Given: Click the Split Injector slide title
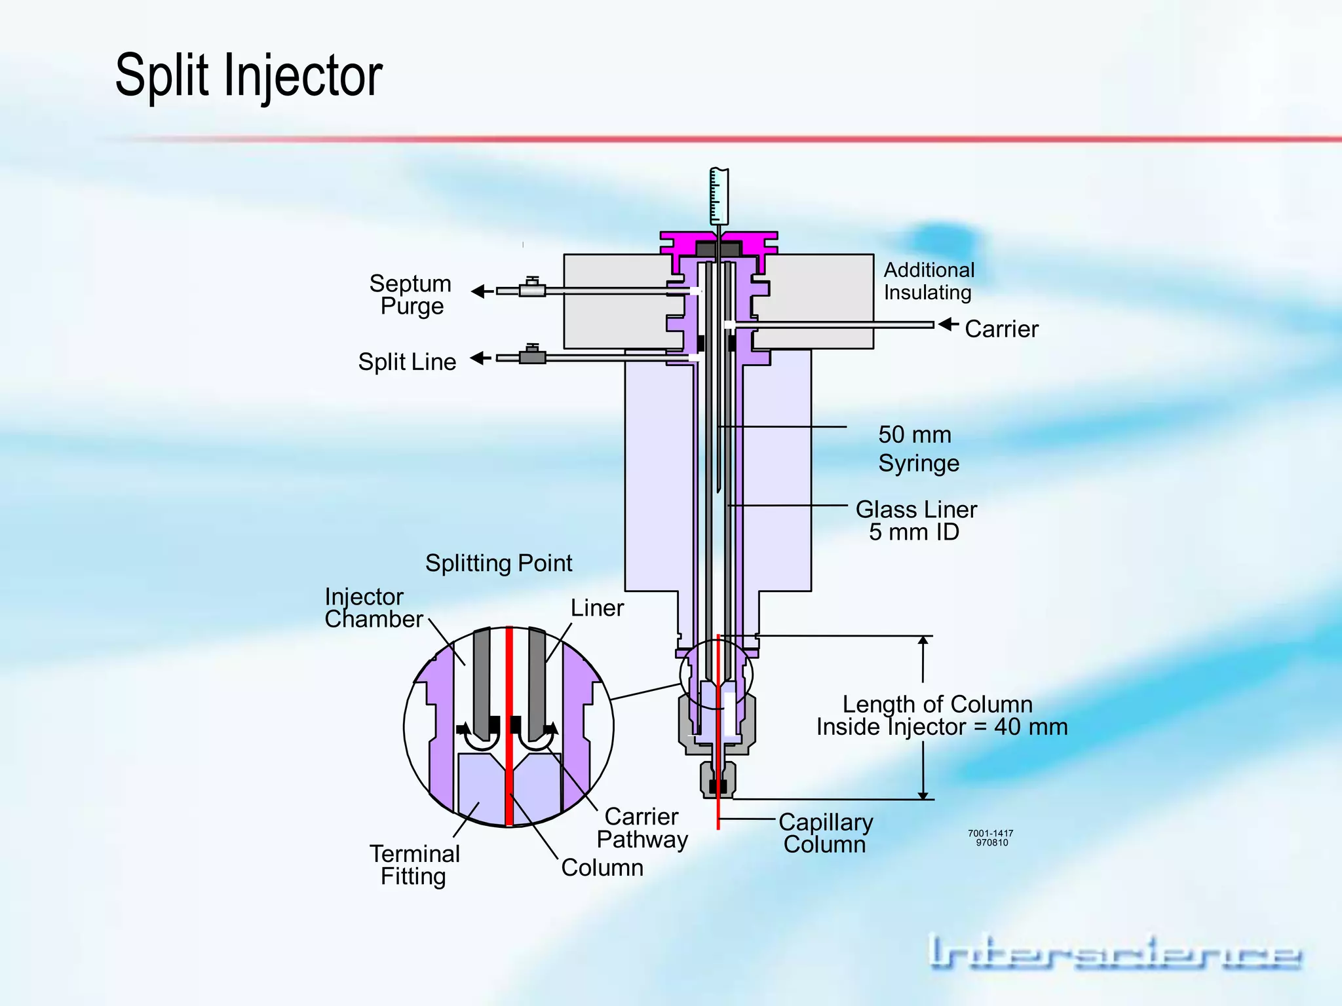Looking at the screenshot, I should [x=248, y=76].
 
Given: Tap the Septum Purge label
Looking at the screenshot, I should [x=411, y=295].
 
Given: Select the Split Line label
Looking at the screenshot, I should [x=407, y=362].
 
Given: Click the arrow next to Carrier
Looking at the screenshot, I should [x=948, y=324].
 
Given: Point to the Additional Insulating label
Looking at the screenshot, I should [x=929, y=281].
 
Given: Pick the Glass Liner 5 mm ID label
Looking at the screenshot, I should [x=915, y=521].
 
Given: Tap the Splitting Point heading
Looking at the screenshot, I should [x=498, y=563].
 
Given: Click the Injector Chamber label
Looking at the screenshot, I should [x=374, y=608].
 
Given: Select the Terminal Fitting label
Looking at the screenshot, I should [x=414, y=865].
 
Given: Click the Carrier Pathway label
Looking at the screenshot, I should [x=642, y=828].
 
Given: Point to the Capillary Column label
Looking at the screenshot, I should [x=825, y=833].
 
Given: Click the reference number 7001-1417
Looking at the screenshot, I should [x=990, y=834].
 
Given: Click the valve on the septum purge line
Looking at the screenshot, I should [x=532, y=289].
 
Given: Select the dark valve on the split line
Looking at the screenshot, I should [x=532, y=356].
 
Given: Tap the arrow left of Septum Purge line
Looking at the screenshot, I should [x=482, y=291].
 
